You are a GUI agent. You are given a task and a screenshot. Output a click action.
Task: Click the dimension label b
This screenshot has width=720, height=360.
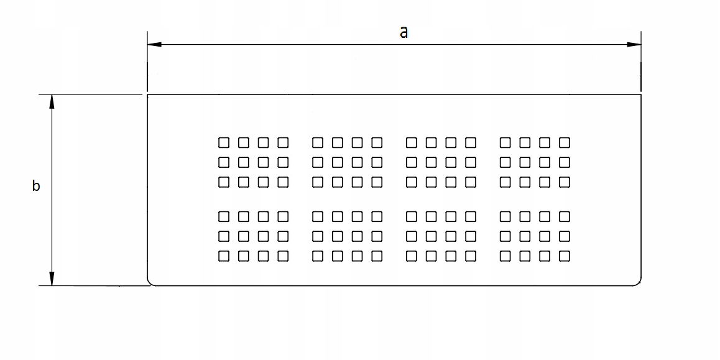pos(36,185)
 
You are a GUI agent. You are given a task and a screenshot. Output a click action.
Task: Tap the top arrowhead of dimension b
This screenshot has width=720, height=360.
pos(52,102)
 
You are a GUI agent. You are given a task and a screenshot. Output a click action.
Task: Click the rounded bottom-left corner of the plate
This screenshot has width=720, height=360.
pos(150,282)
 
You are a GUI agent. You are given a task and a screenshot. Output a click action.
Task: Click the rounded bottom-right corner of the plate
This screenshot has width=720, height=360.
pos(637,282)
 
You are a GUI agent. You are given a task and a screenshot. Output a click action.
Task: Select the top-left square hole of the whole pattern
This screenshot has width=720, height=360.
pos(224,142)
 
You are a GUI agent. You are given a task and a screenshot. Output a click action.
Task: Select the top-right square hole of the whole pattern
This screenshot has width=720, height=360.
pos(565,142)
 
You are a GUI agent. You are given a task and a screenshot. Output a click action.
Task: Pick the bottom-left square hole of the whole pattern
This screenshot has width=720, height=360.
pos(224,256)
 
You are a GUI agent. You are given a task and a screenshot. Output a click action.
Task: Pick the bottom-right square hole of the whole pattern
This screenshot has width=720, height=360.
pos(565,256)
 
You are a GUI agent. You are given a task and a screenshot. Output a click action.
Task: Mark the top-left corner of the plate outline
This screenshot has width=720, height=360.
pos(147,95)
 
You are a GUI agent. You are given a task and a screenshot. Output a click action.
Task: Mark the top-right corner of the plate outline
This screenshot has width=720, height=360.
pos(641,95)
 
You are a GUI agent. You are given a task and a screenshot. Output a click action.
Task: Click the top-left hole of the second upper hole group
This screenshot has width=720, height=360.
pos(318,142)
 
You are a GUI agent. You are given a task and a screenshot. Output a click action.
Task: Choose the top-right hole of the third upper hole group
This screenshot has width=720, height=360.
pos(471,142)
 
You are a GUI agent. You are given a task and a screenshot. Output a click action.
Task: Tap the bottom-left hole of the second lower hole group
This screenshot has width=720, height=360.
pos(318,256)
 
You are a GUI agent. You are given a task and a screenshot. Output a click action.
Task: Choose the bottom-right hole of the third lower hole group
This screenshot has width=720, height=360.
pos(471,256)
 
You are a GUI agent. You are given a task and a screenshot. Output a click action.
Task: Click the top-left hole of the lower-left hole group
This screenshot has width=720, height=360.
pos(224,216)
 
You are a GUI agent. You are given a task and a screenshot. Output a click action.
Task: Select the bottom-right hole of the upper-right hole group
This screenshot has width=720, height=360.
pos(565,182)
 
